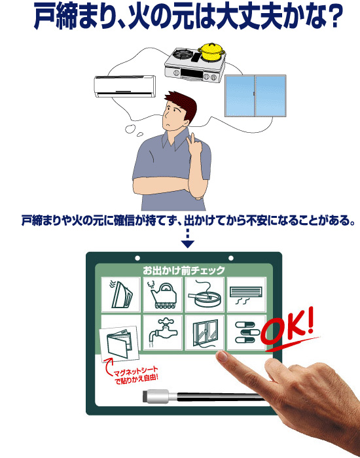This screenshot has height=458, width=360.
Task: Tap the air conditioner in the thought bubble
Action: point(125,86)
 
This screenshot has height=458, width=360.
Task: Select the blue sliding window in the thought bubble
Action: point(255,96)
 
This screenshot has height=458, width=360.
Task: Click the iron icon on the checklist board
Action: point(120,294)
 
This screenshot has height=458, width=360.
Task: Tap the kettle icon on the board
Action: point(162,294)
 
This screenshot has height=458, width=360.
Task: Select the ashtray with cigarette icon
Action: point(204,295)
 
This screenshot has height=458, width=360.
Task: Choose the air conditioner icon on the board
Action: point(246,294)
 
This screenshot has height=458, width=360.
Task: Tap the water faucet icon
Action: point(162,332)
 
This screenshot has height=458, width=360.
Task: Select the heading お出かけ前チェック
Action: point(184,270)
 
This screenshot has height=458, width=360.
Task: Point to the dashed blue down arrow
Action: point(188,238)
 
